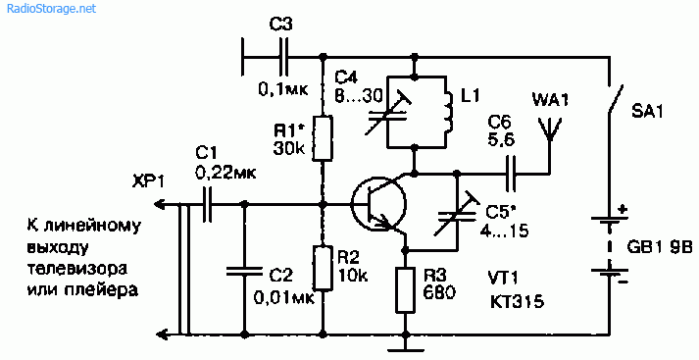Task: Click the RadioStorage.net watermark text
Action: (x=51, y=9)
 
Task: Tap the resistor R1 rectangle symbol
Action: (x=322, y=138)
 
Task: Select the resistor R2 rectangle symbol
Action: (x=323, y=268)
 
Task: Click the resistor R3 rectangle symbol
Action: (x=405, y=290)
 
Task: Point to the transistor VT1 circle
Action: (x=378, y=203)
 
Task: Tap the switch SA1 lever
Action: (x=615, y=99)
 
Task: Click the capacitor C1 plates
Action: (x=206, y=205)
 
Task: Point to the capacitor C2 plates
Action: (x=244, y=272)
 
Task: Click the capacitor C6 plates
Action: (x=511, y=173)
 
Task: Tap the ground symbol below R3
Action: (x=405, y=344)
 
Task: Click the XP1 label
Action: (x=148, y=182)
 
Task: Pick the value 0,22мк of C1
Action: (x=225, y=173)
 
